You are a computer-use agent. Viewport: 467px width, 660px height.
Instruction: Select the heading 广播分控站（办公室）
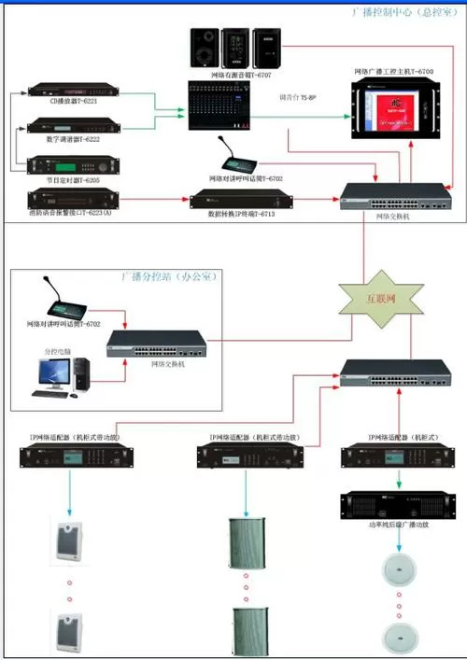tap(166, 277)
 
